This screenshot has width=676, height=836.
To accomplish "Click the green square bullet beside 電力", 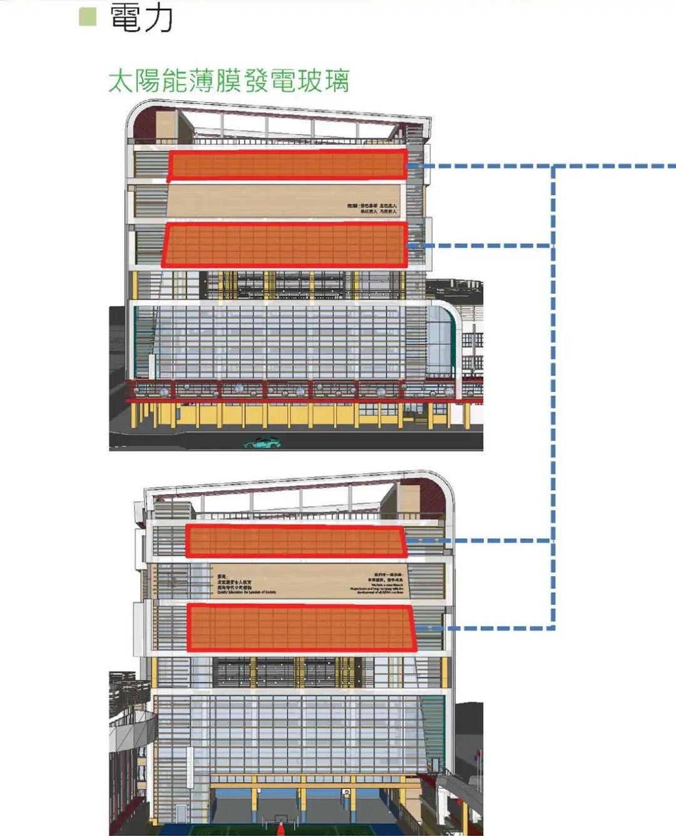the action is [x=88, y=16].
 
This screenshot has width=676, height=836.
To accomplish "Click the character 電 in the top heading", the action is [x=125, y=18].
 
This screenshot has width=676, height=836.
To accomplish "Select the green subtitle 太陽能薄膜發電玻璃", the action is [x=228, y=81].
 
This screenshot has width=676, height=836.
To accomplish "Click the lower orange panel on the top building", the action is [x=285, y=245].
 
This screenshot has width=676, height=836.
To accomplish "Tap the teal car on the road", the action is [x=262, y=443].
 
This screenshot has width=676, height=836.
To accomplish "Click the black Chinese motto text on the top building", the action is [x=372, y=209].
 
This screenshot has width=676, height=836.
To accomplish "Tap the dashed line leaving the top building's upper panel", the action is [x=482, y=167].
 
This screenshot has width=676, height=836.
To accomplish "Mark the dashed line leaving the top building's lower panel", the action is [x=482, y=245].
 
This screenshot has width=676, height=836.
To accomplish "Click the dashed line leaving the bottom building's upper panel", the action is [x=482, y=540].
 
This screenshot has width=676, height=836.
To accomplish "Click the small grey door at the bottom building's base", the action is [x=181, y=813].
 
